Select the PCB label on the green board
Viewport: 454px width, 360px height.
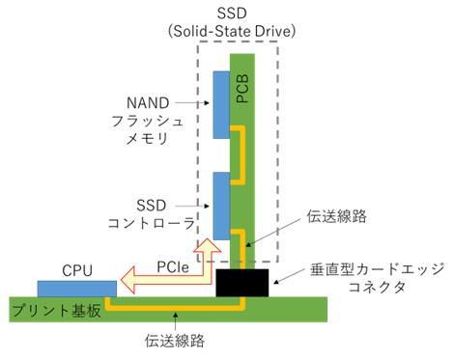pyautogui.click(x=242, y=88)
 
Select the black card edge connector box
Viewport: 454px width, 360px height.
pyautogui.click(x=242, y=283)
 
